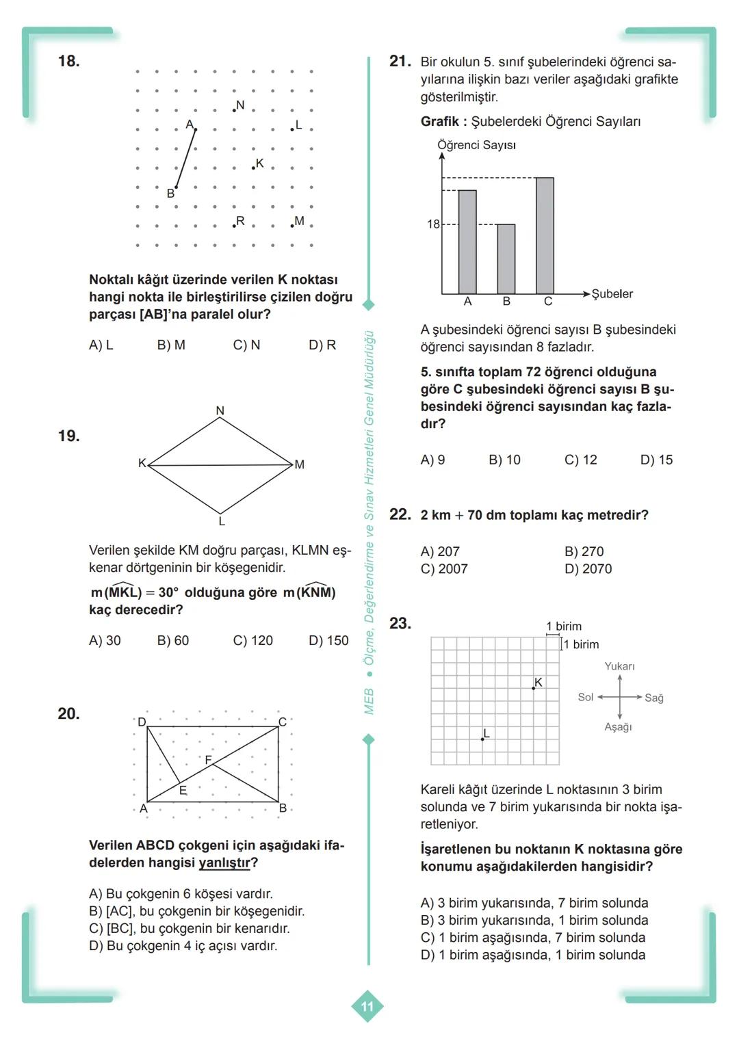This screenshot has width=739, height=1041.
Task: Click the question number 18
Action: click(x=68, y=61)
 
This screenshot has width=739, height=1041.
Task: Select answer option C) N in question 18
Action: click(x=246, y=345)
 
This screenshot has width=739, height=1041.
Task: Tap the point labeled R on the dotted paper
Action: click(x=235, y=225)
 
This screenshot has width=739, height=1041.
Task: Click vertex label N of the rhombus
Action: click(x=220, y=410)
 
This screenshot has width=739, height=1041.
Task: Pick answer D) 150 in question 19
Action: click(x=328, y=640)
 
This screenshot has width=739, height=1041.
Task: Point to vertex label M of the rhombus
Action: click(x=299, y=464)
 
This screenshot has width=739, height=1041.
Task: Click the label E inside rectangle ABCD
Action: click(x=183, y=791)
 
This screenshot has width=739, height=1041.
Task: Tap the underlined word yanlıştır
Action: click(x=224, y=862)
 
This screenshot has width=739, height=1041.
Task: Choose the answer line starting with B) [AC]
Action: click(x=196, y=911)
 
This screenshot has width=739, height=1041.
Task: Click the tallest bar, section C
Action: click(x=545, y=235)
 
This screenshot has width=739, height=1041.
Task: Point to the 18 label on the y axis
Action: click(x=433, y=224)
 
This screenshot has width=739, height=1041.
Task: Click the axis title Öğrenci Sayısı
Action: click(x=476, y=145)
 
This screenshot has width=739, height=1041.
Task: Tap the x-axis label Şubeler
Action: click(x=612, y=293)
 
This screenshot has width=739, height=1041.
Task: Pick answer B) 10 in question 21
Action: click(x=504, y=460)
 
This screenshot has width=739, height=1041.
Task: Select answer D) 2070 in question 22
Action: click(x=588, y=568)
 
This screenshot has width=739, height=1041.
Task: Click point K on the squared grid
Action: click(x=534, y=687)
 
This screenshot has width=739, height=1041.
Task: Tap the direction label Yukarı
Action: click(x=619, y=666)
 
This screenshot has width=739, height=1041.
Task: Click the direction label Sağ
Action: click(x=653, y=698)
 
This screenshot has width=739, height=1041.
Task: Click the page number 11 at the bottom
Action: click(x=367, y=1006)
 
